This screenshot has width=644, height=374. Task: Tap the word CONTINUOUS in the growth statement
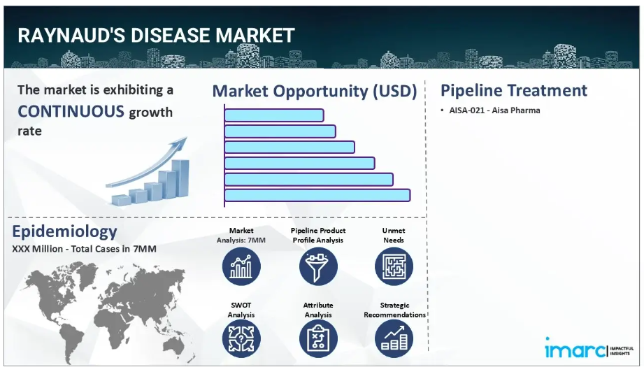[x=71, y=111]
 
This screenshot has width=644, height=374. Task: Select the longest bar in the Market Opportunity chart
[x=317, y=195]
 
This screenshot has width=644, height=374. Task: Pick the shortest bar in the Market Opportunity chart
[x=274, y=115]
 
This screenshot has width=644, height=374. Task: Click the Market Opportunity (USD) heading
[x=315, y=91]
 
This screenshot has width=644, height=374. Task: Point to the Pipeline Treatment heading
[x=514, y=90]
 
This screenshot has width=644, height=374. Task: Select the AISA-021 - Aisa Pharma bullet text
[x=494, y=110]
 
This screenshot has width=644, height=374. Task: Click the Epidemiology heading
[x=64, y=231]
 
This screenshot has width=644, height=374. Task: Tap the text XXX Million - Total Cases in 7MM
[x=84, y=249]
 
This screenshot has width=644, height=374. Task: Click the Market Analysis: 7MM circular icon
[x=241, y=267]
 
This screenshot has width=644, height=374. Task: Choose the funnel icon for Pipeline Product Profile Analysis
[x=318, y=267]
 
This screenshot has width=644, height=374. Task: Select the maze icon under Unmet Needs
[x=394, y=267]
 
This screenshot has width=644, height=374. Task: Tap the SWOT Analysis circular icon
[x=241, y=338]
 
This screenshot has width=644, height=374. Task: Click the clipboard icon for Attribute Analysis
[x=318, y=338]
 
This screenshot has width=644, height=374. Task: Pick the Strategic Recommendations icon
[x=394, y=338]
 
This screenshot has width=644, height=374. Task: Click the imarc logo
[x=589, y=349]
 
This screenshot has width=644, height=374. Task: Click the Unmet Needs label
[x=394, y=236]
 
